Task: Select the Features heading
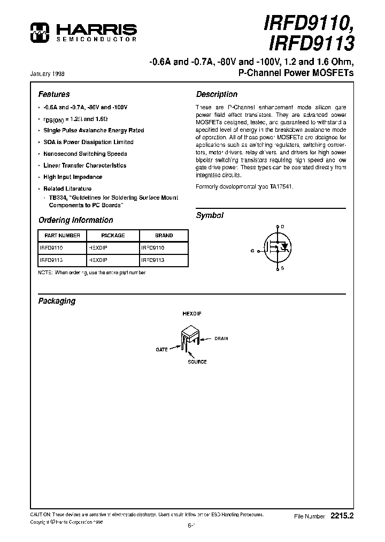point(54,94)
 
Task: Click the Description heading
point(217,94)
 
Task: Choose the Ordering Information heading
point(75,220)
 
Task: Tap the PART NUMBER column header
point(62,236)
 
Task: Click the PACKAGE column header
point(113,236)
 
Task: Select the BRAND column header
point(164,236)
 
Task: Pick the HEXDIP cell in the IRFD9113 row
point(98,260)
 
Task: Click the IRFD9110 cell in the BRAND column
point(153,248)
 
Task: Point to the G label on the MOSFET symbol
point(252,250)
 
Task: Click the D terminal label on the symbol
point(282,227)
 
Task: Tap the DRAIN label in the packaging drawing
point(221,338)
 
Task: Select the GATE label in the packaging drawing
point(161,349)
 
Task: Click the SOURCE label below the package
point(197,362)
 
